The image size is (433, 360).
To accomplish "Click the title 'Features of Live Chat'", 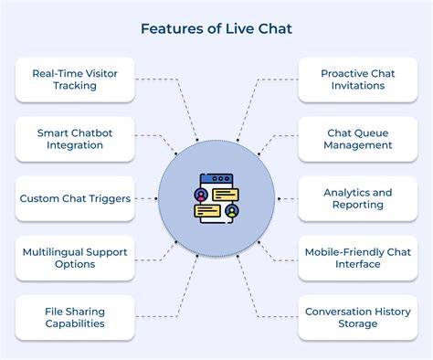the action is (216, 29).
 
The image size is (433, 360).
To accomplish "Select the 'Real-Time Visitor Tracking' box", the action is (75, 79).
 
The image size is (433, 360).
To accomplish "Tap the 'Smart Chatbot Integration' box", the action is (75, 139).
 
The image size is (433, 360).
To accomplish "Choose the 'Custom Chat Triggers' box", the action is (75, 198).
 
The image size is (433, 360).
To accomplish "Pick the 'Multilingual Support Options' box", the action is (75, 258).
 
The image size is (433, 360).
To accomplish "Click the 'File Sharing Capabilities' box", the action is (75, 317).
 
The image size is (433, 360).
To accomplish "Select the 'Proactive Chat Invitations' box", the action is (358, 79).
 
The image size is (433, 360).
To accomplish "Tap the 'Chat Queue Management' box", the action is (358, 139).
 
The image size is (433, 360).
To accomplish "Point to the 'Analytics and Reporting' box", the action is (358, 198).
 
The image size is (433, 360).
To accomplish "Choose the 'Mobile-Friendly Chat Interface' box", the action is (358, 258).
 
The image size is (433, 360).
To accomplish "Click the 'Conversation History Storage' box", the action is (358, 317).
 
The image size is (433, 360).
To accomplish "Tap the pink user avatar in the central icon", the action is (201, 195).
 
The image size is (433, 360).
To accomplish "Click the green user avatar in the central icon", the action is (232, 211).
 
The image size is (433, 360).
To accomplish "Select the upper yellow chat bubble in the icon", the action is (226, 195).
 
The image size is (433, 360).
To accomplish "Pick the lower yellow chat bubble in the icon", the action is (207, 211).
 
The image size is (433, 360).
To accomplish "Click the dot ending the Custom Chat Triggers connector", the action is (156, 198).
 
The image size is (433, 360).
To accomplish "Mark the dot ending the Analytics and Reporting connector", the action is (279, 198).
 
